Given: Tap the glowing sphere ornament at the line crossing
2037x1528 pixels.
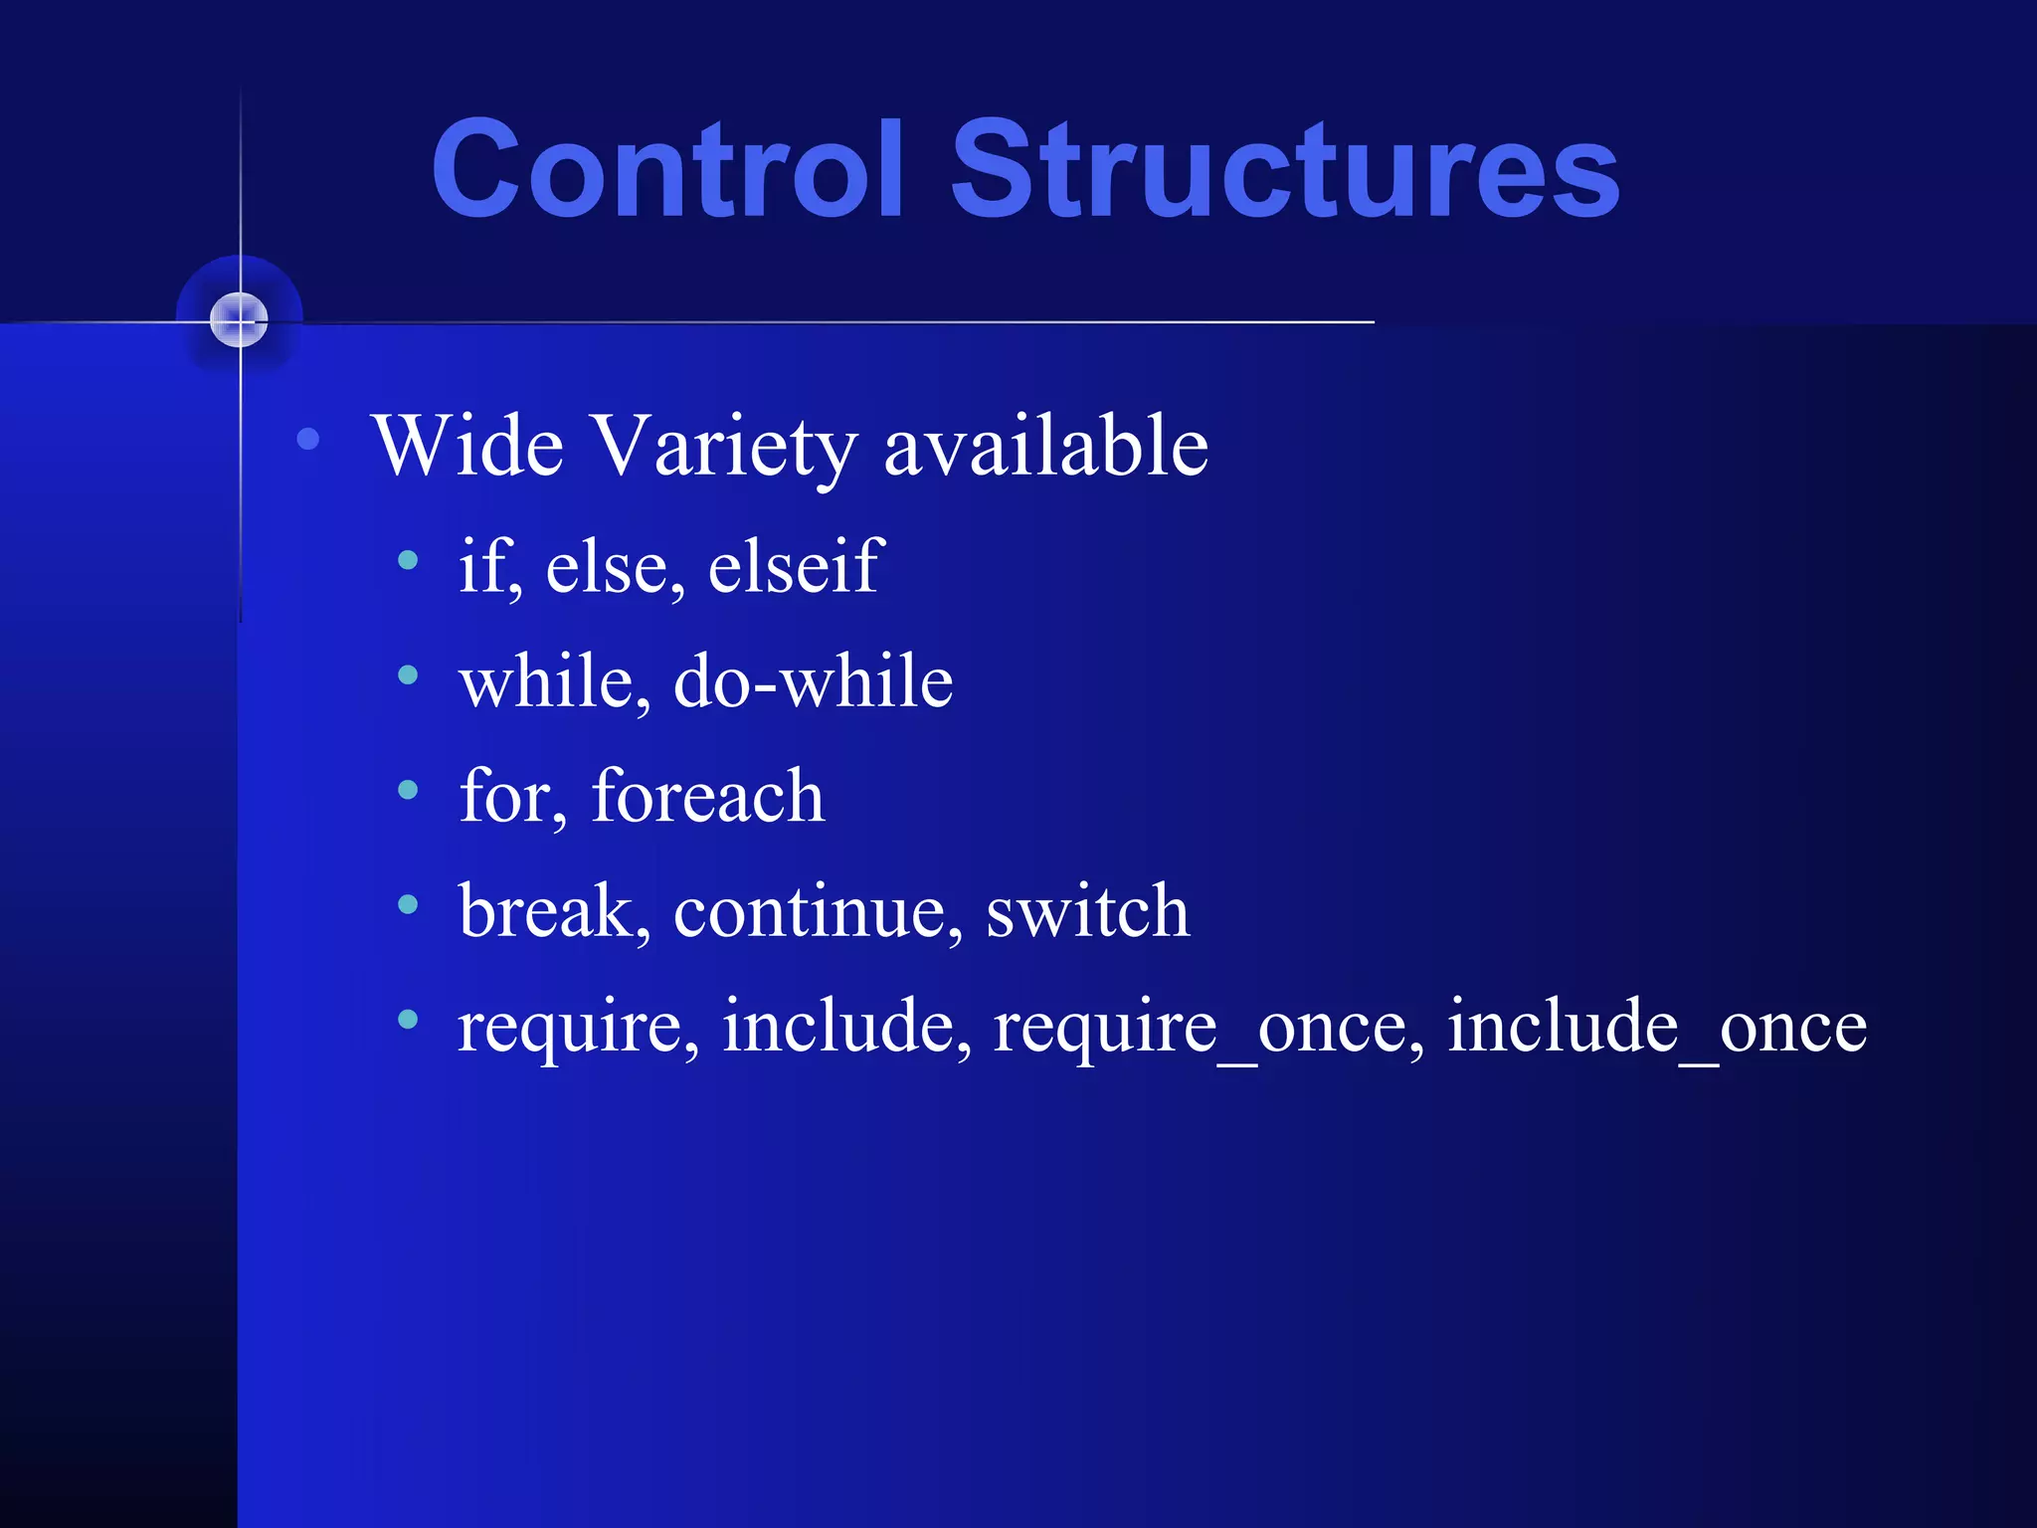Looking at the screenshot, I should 240,320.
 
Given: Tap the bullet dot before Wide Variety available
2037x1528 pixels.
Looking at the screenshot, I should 308,439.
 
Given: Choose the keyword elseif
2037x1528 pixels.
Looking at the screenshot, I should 796,565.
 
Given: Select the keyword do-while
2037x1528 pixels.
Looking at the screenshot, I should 813,681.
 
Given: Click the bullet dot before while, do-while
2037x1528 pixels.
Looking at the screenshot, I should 408,675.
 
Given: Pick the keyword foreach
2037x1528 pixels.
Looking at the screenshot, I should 707,796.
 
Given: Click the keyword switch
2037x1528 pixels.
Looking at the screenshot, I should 1087,910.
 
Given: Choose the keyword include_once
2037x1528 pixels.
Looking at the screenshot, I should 1656,1027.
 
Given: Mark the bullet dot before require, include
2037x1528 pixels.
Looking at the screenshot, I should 408,1019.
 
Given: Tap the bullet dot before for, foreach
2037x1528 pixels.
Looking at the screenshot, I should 408,790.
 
